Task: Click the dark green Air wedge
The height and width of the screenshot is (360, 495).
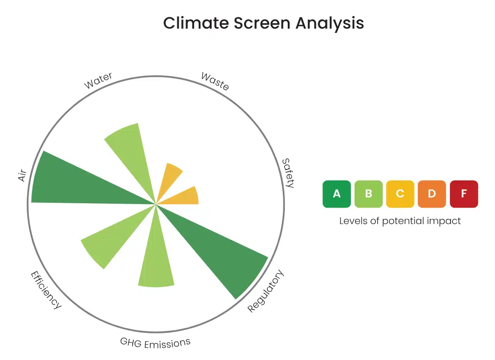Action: [x=68, y=182]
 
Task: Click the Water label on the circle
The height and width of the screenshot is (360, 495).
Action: [x=98, y=80]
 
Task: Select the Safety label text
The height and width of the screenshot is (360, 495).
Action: [x=288, y=173]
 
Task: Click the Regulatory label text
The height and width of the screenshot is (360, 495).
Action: [x=265, y=291]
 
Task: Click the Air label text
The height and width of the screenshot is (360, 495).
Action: [x=22, y=176]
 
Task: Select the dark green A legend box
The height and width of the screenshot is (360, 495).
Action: [x=337, y=194]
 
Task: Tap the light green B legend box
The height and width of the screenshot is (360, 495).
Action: [x=368, y=194]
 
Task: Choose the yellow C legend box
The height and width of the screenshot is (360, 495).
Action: [x=400, y=194]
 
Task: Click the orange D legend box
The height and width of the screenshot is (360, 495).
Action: [x=432, y=194]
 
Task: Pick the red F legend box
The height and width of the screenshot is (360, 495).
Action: [x=464, y=194]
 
